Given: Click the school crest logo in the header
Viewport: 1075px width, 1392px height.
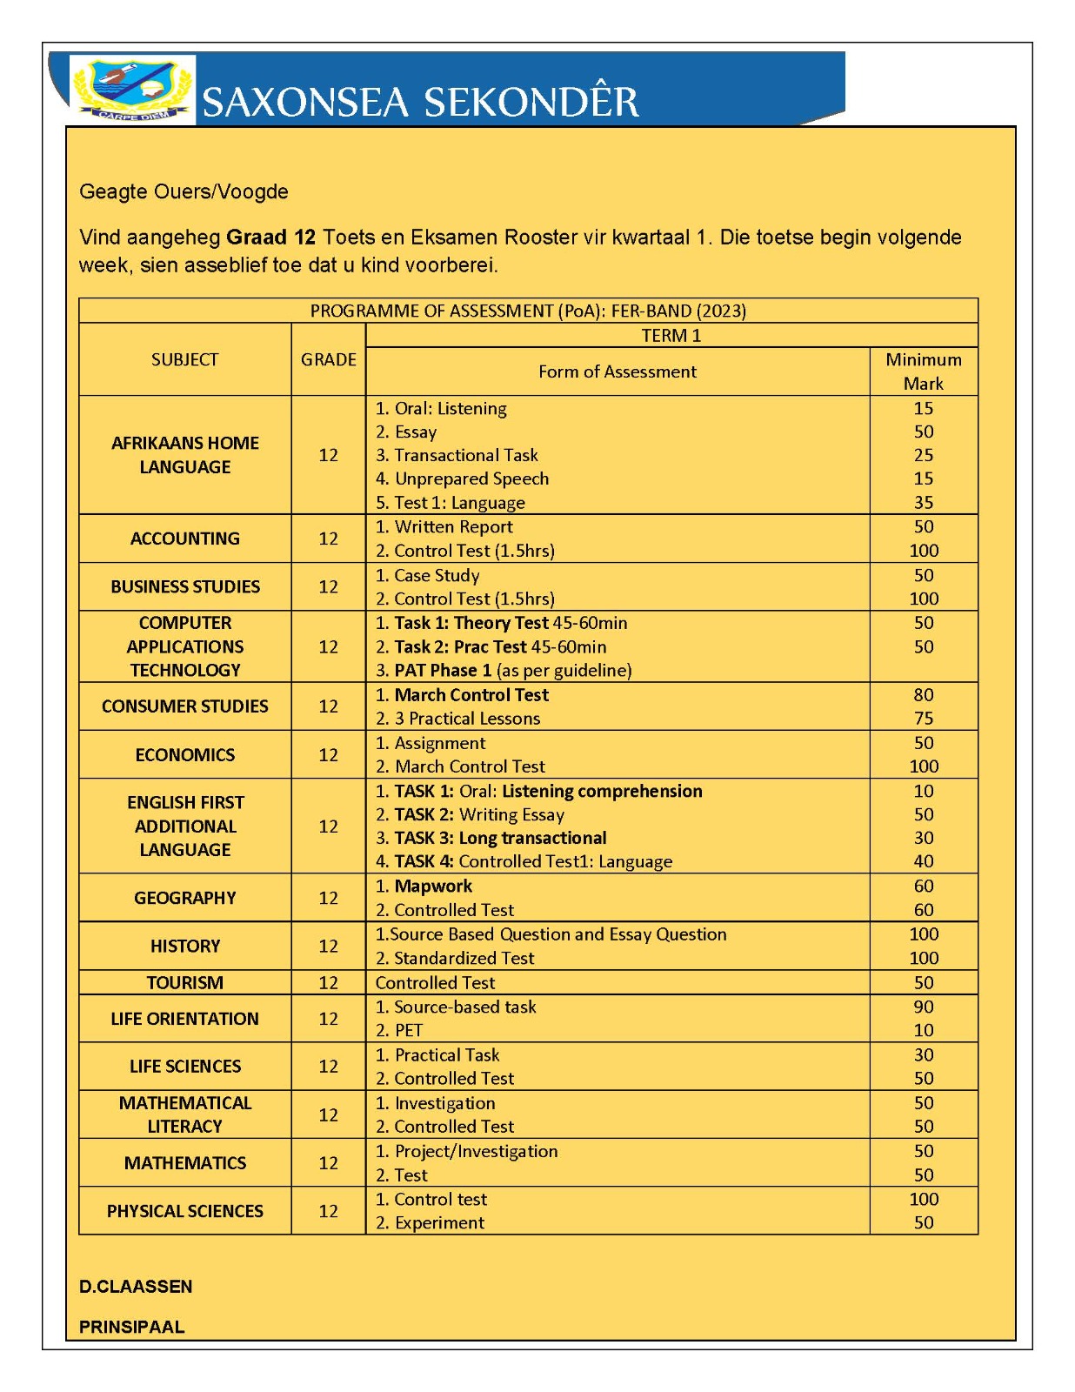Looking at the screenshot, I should (133, 90).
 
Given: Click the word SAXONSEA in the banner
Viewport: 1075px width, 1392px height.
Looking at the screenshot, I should (305, 103).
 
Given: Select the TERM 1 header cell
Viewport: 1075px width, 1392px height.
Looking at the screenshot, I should (671, 336).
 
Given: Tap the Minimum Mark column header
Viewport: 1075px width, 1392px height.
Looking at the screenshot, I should (923, 371).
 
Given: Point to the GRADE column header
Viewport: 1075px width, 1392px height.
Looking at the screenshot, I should (328, 359).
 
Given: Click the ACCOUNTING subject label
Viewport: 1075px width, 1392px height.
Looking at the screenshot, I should (184, 539).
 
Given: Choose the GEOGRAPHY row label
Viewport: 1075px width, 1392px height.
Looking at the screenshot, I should (184, 898).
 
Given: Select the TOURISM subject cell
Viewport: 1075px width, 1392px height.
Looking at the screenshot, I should (184, 982).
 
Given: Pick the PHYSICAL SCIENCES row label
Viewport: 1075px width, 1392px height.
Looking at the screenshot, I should (184, 1211).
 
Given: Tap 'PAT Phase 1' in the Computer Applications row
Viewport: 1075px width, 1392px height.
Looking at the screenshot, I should (443, 670).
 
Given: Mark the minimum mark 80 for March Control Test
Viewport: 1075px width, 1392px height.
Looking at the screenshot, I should (923, 695).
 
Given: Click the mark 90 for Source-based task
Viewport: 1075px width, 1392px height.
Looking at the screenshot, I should (923, 1007).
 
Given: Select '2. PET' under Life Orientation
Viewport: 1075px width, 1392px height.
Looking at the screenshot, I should (399, 1030).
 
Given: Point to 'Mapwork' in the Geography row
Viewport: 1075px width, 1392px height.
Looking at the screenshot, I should (433, 886).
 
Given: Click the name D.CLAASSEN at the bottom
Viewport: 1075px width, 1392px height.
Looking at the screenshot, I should (136, 1287).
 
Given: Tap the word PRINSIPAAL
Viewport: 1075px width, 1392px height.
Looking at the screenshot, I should (131, 1327).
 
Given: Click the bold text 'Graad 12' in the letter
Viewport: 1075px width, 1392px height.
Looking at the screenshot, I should (270, 238).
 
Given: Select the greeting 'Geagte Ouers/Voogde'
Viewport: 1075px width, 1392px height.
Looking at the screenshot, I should (184, 191).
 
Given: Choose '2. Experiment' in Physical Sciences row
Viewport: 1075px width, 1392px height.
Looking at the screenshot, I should (430, 1222).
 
